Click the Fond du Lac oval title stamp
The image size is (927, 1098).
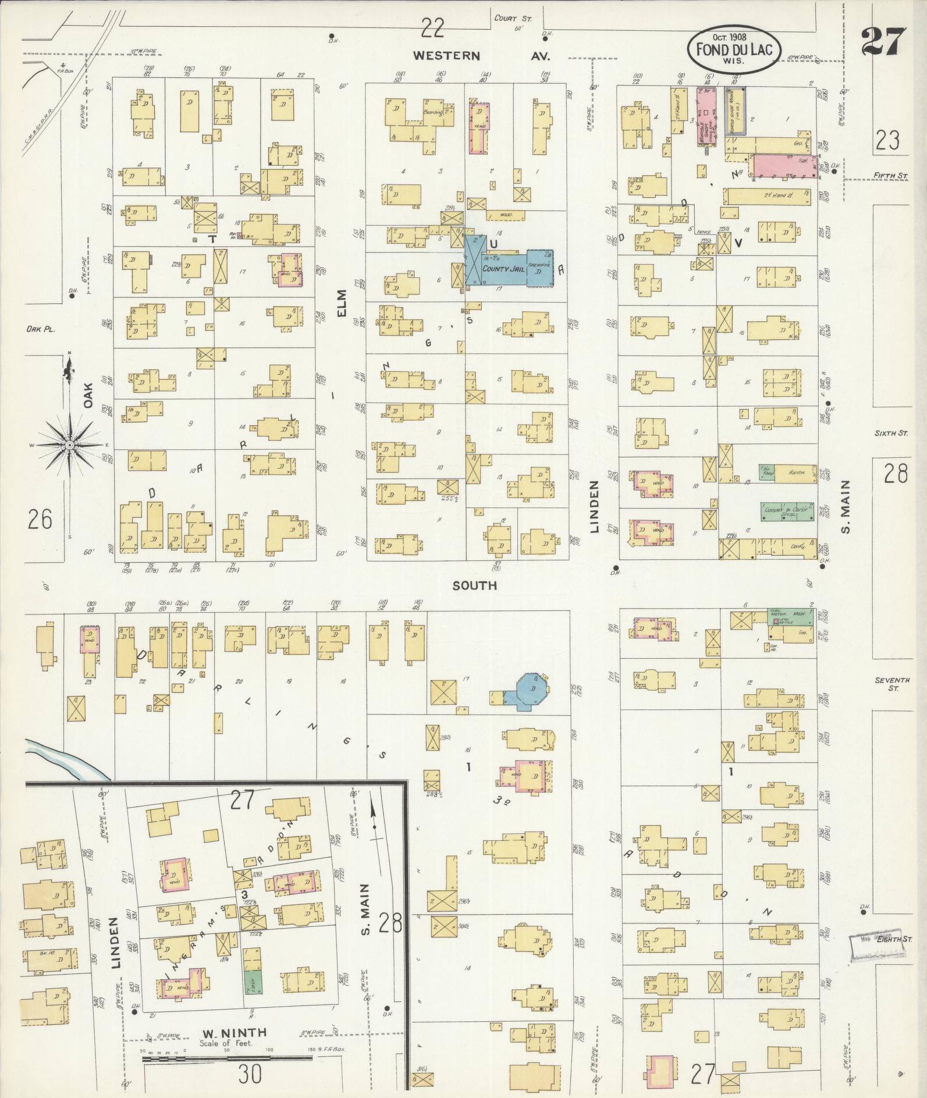734,51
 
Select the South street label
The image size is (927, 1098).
475,585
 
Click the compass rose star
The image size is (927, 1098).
69,445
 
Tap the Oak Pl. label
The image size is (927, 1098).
40,329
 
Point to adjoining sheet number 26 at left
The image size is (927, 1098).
40,518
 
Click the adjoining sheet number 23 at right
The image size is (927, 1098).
887,140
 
